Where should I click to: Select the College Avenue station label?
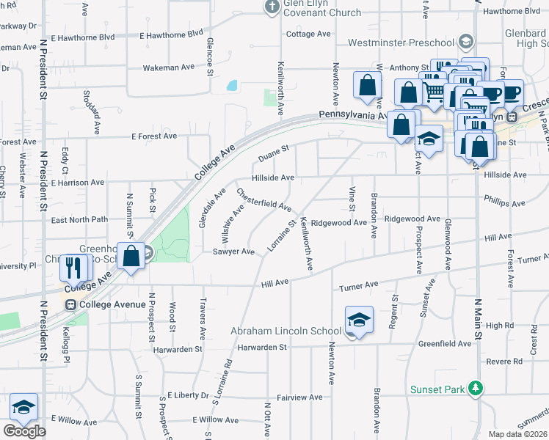point(104,304)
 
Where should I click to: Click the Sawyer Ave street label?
point(233,252)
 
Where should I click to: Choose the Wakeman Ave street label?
point(168,67)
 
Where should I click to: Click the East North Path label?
point(79,219)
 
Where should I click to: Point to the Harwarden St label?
point(178,350)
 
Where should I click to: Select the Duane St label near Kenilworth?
point(274,154)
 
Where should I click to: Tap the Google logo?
point(24,431)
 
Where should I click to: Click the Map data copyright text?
point(518,434)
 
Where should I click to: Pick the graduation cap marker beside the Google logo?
point(23,407)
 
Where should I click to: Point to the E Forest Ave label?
point(154,136)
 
